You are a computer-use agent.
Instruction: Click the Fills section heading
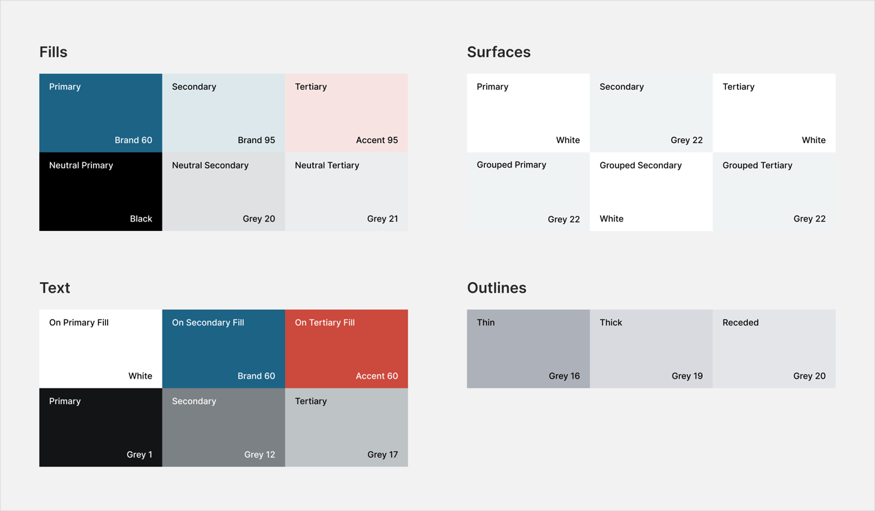[x=53, y=52]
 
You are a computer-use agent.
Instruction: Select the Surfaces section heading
[x=499, y=52]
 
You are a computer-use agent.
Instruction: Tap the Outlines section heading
[x=497, y=287]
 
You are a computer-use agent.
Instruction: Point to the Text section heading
[x=55, y=287]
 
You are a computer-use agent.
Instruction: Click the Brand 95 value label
[x=256, y=140]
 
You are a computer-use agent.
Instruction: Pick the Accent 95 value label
[x=377, y=140]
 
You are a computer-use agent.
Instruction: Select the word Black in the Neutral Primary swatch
[x=141, y=218]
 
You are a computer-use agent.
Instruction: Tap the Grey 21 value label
[x=382, y=218]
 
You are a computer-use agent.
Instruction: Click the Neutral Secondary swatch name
[x=210, y=165]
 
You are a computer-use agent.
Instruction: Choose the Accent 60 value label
[x=377, y=376]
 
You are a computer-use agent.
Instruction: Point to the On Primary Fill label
[x=79, y=323]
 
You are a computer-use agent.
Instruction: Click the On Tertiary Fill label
[x=325, y=323]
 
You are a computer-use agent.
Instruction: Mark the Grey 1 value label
[x=139, y=454]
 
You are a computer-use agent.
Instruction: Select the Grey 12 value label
[x=260, y=454]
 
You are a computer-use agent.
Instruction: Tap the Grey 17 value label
[x=382, y=454]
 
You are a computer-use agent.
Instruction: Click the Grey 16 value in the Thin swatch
[x=564, y=376]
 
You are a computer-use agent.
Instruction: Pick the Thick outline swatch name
[x=611, y=323]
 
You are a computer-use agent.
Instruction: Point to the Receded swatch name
[x=740, y=323]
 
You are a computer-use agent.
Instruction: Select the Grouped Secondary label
[x=641, y=165]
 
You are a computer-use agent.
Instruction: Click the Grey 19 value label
[x=687, y=376]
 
